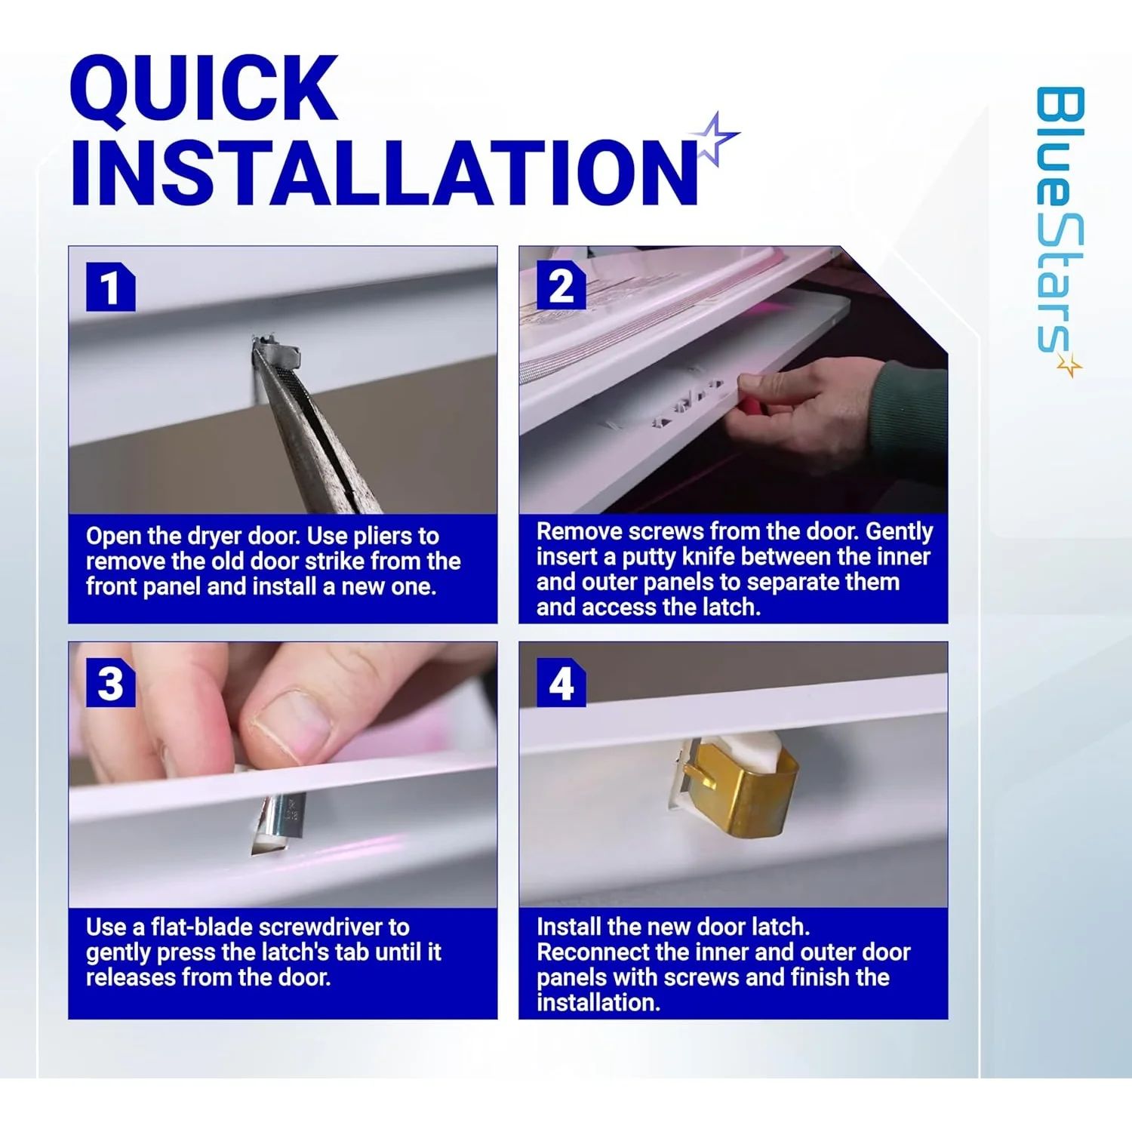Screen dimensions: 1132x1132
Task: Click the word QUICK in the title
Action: tap(204, 88)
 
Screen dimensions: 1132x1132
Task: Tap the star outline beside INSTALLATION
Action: tap(713, 137)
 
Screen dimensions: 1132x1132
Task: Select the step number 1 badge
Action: tap(110, 287)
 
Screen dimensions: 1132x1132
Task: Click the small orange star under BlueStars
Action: tap(1069, 365)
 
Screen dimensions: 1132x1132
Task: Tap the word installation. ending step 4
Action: tap(598, 1003)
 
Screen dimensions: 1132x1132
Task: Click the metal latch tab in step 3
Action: tap(279, 823)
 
